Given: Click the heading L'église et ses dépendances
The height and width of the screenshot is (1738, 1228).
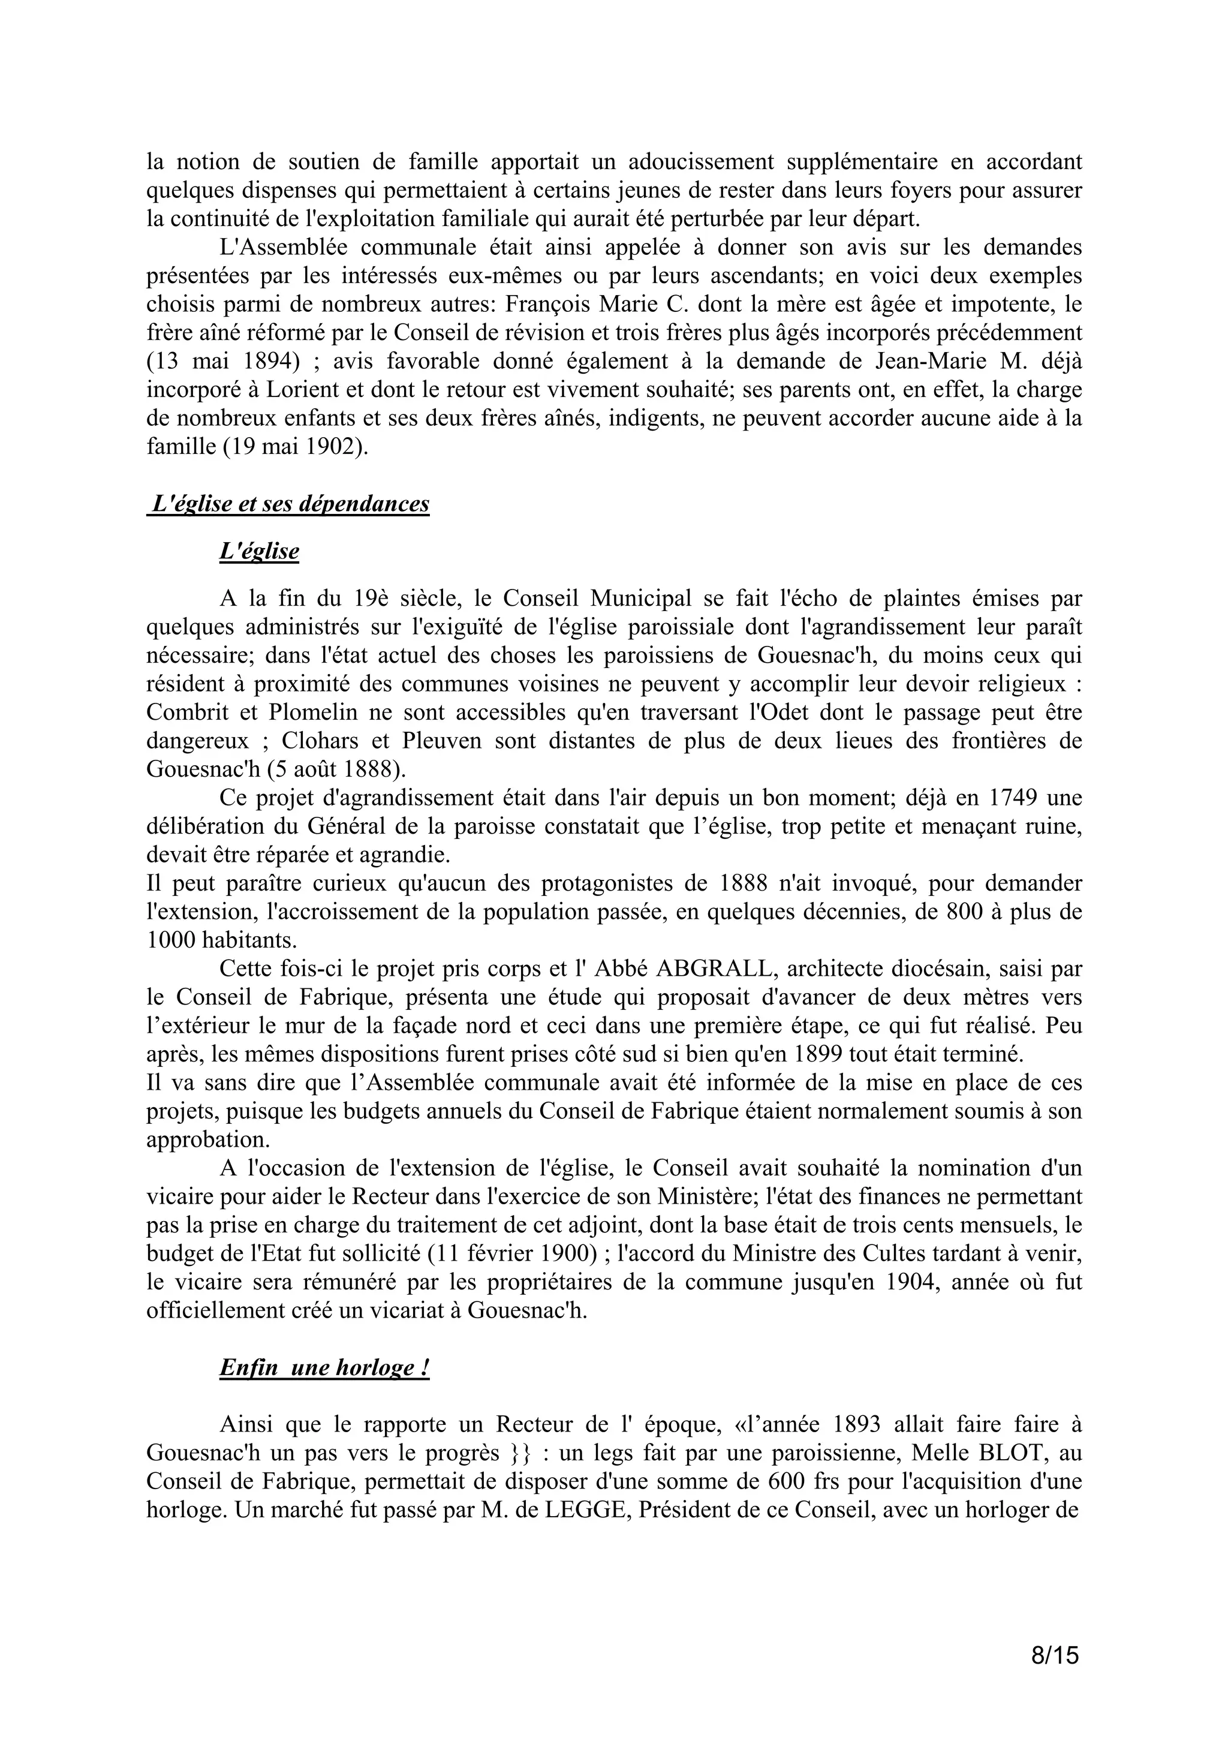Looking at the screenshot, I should pos(290,504).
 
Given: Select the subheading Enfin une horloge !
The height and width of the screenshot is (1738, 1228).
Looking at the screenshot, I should pos(324,1368).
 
